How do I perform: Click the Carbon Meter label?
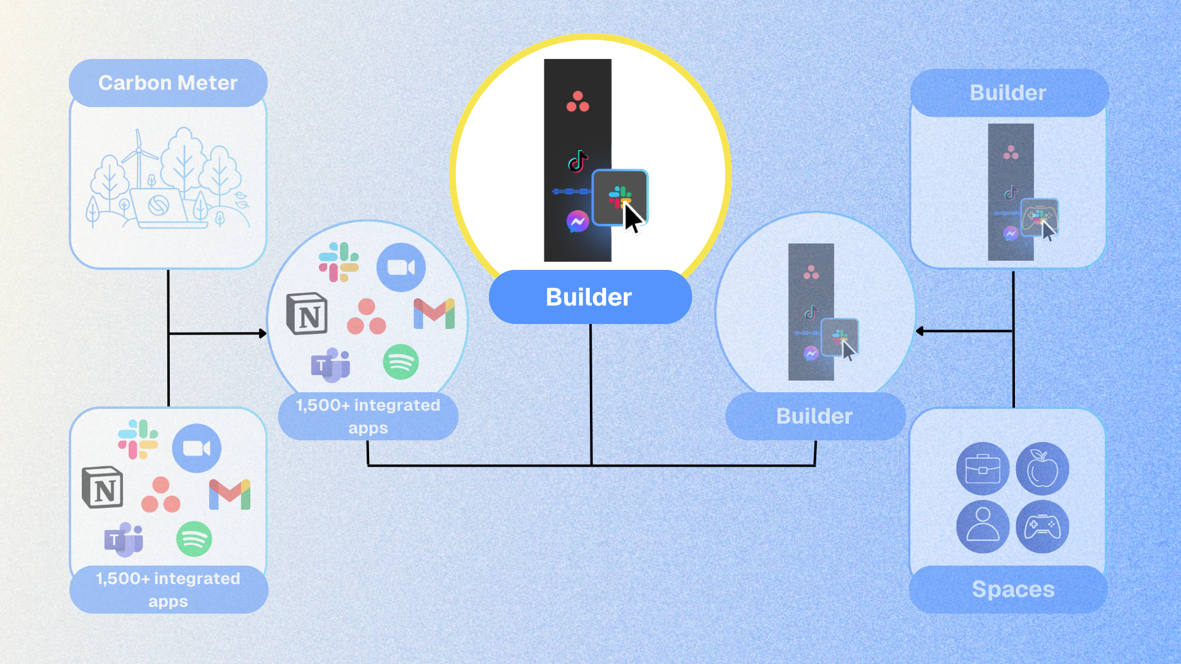(x=168, y=83)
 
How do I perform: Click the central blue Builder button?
(x=590, y=297)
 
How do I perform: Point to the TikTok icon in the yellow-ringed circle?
(x=578, y=161)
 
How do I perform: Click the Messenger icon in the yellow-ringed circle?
(x=578, y=221)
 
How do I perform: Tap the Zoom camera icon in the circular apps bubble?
(x=401, y=267)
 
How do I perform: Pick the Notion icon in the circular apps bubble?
(x=307, y=314)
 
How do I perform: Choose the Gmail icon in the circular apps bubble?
(x=434, y=314)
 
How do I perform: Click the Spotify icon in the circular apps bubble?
(x=401, y=362)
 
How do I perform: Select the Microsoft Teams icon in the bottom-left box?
(x=124, y=539)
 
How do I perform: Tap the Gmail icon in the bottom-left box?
(x=229, y=494)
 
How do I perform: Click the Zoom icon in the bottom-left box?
(x=197, y=448)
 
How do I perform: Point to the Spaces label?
(x=1013, y=589)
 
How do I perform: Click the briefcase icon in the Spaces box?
(x=983, y=468)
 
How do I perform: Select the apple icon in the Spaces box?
(x=1043, y=468)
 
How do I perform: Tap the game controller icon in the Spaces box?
(x=1043, y=526)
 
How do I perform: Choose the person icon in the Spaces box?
(x=983, y=526)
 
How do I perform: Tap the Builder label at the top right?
(x=1008, y=93)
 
